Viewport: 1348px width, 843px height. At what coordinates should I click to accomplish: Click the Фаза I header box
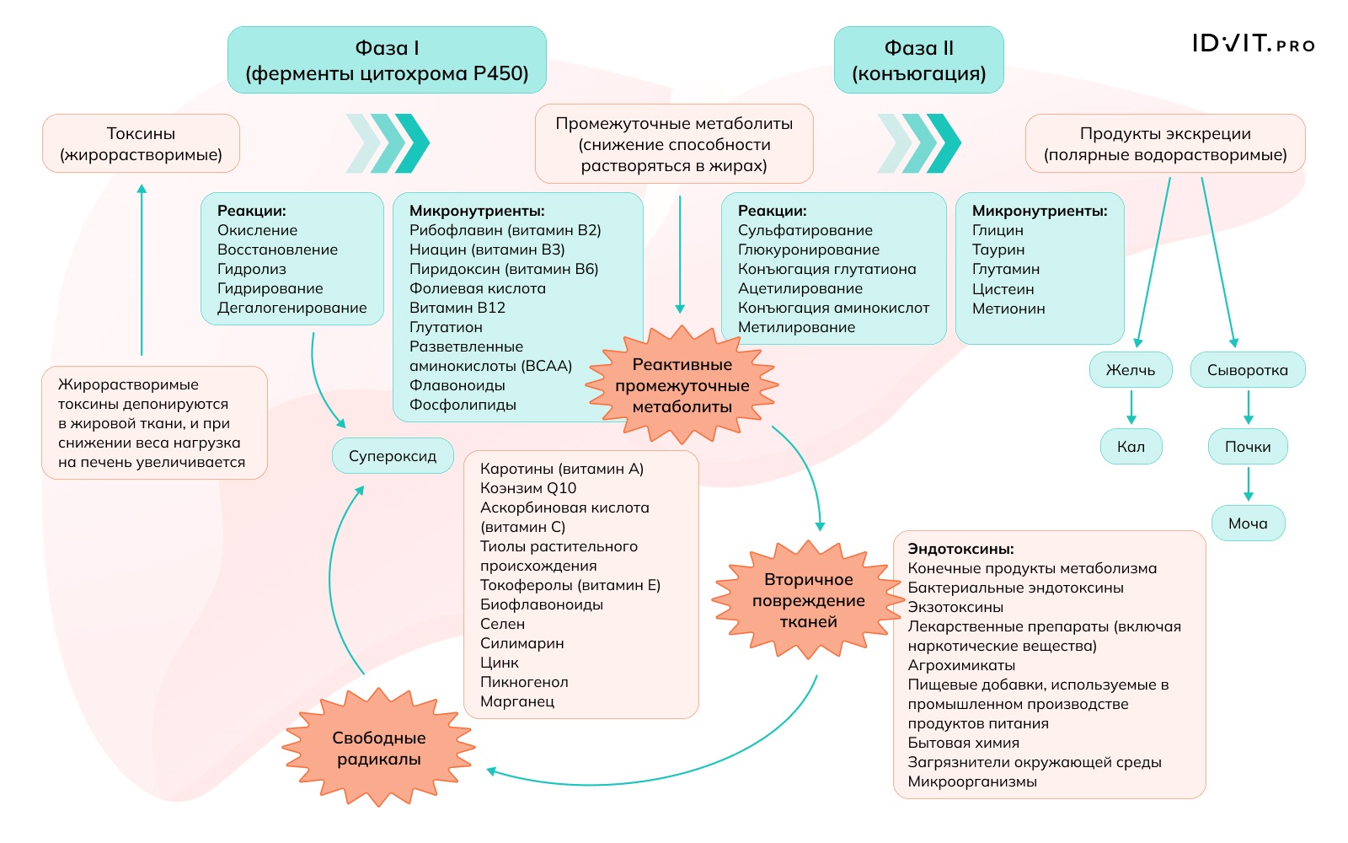[x=387, y=60]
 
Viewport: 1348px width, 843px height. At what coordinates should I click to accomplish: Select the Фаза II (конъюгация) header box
[x=918, y=60]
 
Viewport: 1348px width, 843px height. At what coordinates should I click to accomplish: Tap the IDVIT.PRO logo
[x=1253, y=44]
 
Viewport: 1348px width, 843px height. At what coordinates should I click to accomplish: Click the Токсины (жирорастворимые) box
[x=141, y=143]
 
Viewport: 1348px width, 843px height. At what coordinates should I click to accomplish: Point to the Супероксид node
[x=393, y=456]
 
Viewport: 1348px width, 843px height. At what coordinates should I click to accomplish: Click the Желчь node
[x=1130, y=370]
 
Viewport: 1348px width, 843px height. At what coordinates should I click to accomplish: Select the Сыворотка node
[x=1247, y=370]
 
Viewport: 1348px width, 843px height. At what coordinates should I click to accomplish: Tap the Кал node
[x=1131, y=447]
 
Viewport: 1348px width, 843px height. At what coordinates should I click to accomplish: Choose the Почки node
[x=1247, y=447]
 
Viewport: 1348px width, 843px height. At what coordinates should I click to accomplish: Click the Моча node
[x=1247, y=524]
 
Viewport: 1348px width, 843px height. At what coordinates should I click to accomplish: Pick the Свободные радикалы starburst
[x=378, y=749]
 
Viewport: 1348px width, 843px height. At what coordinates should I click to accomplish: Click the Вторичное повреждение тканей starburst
[x=808, y=600]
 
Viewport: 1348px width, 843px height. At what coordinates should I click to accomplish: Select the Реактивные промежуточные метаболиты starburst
[x=682, y=385]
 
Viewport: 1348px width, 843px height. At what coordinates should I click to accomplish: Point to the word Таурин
[x=998, y=250]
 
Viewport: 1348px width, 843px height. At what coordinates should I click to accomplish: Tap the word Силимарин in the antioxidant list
[x=522, y=643]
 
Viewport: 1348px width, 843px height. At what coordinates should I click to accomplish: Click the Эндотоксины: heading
[x=960, y=549]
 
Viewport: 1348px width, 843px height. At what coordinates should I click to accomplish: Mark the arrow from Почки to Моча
[x=1248, y=485]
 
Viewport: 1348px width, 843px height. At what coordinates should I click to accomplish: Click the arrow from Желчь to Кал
[x=1131, y=408]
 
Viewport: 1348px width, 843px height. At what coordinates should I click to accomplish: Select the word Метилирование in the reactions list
[x=796, y=327]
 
